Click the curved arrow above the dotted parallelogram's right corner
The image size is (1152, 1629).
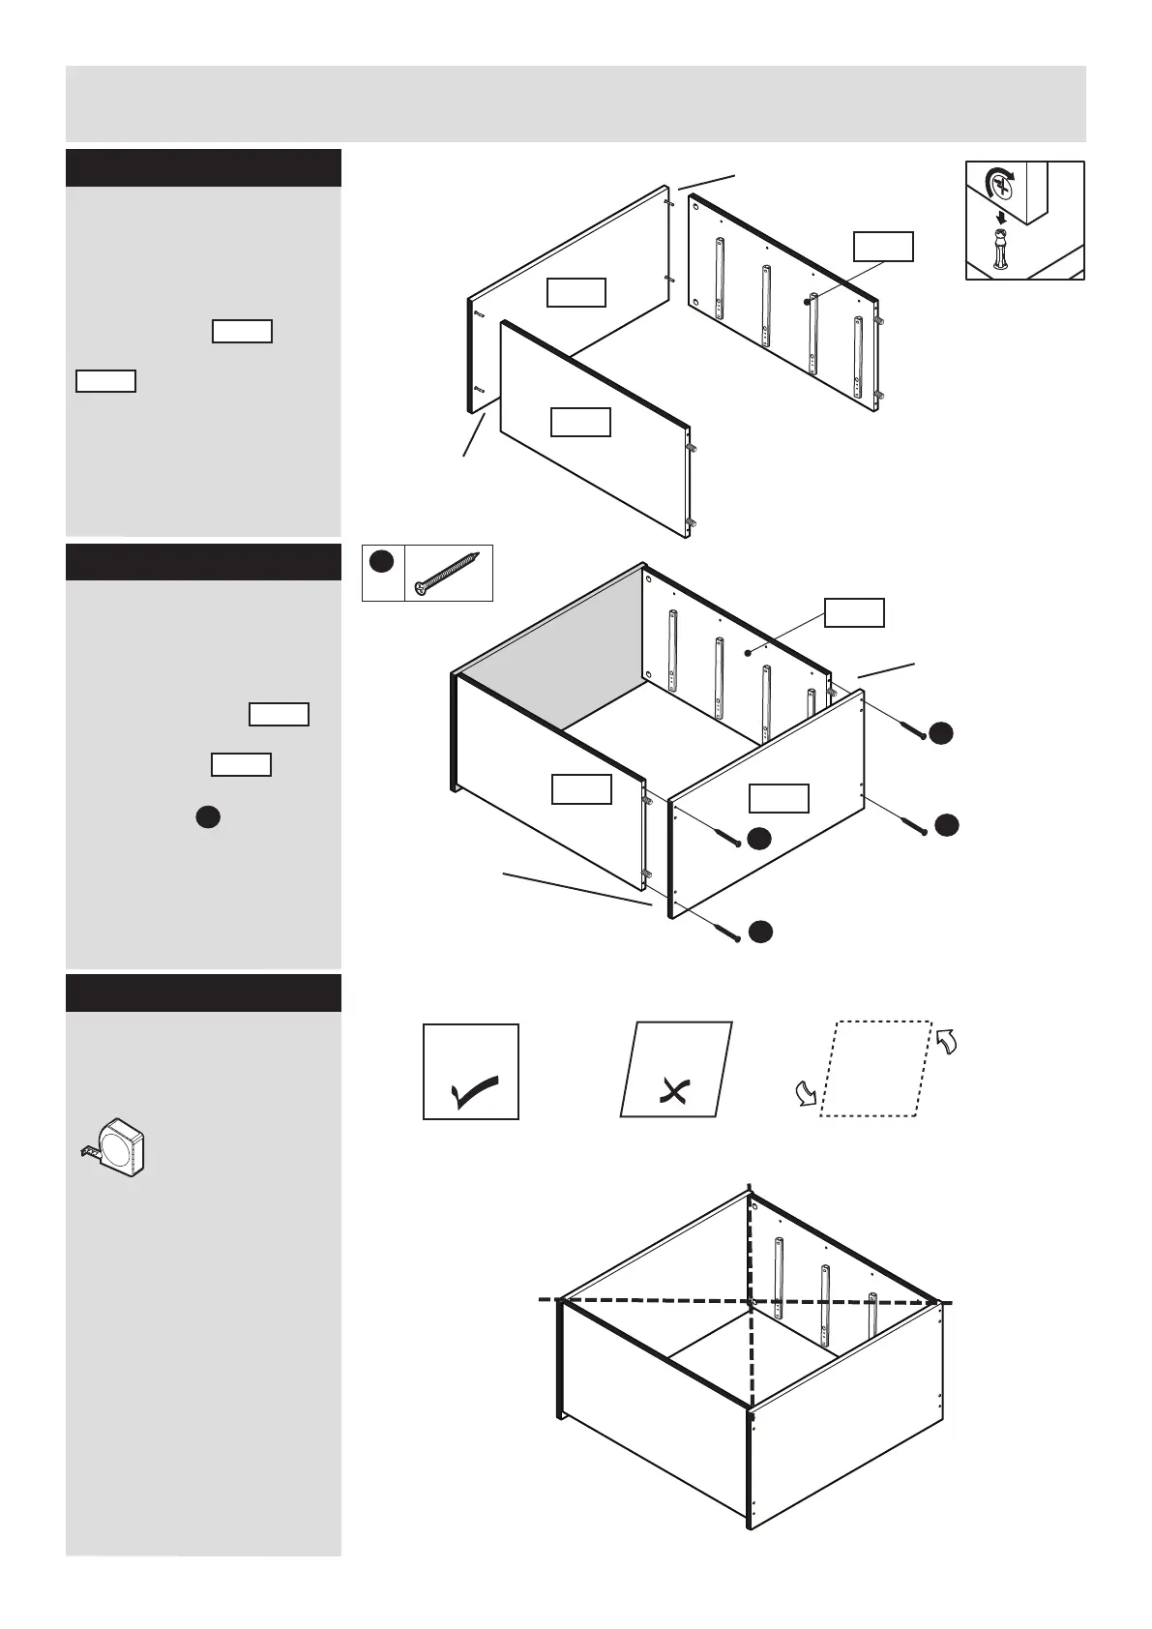(946, 1042)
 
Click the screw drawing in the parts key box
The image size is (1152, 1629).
(448, 574)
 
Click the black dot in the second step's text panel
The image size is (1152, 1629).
(206, 817)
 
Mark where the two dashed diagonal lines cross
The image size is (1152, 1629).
(751, 1302)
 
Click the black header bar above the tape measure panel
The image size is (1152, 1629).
(203, 992)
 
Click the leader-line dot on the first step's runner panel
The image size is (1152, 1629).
(806, 302)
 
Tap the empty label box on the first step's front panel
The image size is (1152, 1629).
(580, 423)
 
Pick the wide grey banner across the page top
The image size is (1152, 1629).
(576, 104)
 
